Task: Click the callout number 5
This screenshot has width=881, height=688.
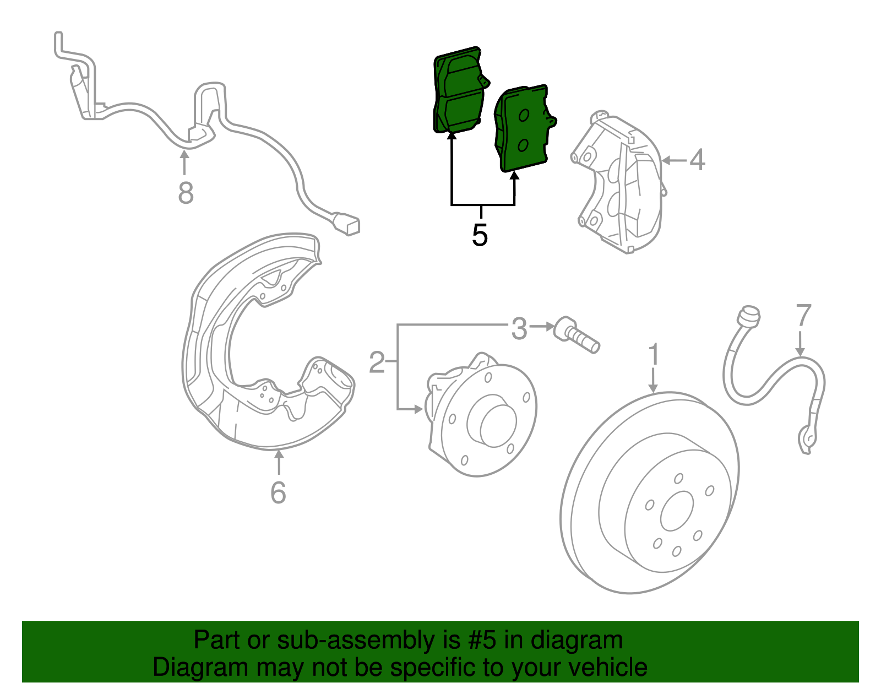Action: (480, 235)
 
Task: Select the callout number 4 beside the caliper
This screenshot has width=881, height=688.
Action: (697, 160)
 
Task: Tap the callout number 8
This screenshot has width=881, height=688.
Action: (186, 193)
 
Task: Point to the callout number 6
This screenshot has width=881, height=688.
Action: (278, 492)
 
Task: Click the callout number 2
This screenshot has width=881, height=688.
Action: (377, 362)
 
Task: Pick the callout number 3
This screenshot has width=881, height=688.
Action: (519, 329)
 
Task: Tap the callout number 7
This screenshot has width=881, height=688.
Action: (803, 316)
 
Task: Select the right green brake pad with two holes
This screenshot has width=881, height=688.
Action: (523, 129)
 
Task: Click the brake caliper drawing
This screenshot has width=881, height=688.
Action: (619, 185)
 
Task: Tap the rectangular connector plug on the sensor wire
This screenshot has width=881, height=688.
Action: (347, 224)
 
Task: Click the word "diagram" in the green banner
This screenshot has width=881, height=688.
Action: (577, 640)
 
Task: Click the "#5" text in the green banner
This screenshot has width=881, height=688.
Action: (482, 640)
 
